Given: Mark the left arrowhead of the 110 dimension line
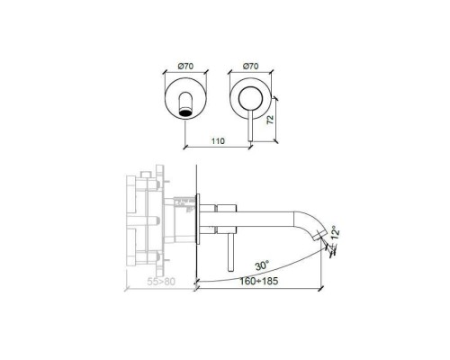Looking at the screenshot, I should click(186, 146).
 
